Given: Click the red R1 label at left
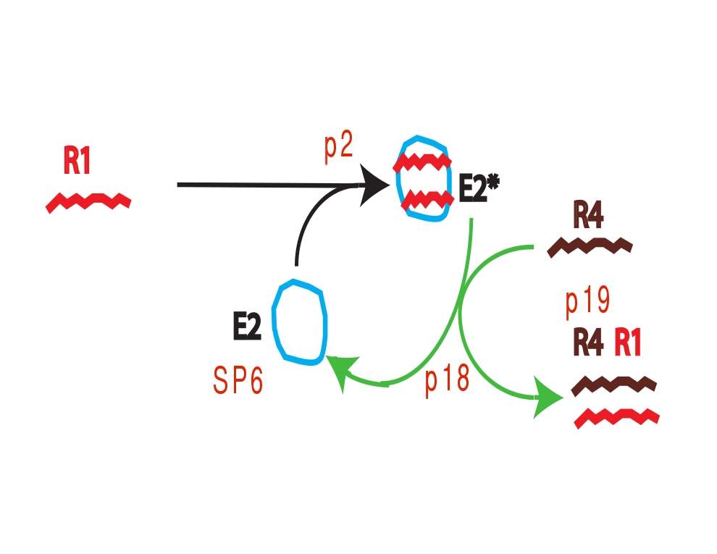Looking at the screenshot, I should pos(77,161).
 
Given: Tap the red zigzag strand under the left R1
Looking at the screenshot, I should pos(88,201).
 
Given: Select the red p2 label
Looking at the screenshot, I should pos(338,148).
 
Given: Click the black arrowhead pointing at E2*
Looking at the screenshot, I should pos(375,185).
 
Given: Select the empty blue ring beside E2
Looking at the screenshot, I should pos(300,321).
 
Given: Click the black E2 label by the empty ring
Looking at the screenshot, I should pos(247,329).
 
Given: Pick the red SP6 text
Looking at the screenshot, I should pos(238,379).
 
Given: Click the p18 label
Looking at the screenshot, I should pos(447,378).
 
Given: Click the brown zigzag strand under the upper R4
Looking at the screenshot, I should pos(590,247).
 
